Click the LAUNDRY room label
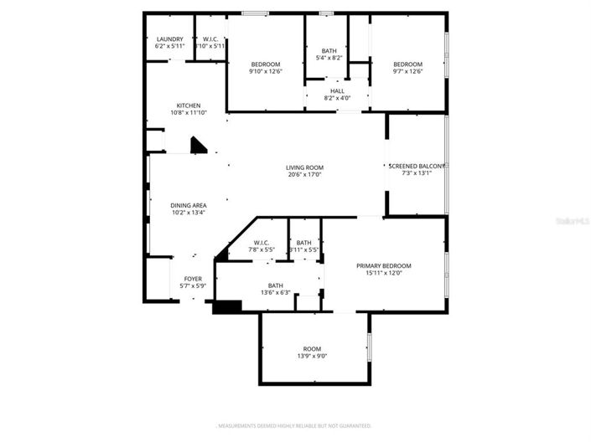(169, 39)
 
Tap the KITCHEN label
(188, 105)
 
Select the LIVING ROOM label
(304, 167)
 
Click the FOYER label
(193, 279)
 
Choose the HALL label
(337, 90)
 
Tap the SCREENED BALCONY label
(417, 166)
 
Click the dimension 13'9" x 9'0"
(312, 356)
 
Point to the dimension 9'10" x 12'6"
(266, 71)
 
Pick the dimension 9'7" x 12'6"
(408, 71)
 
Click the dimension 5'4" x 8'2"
(329, 58)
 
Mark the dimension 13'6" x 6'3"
(275, 292)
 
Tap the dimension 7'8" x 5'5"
(262, 249)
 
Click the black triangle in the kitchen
(199, 146)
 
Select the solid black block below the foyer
(226, 306)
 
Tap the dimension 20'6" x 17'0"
(304, 174)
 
